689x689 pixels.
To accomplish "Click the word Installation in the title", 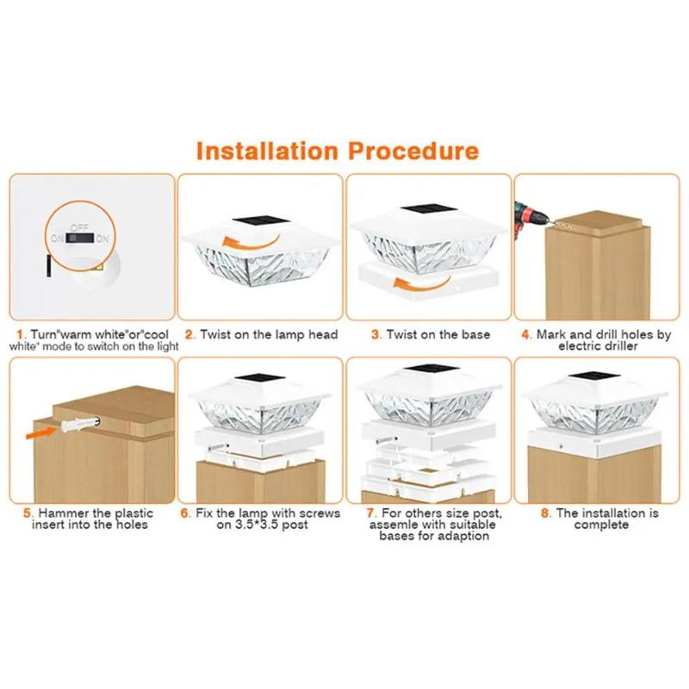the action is [x=267, y=152].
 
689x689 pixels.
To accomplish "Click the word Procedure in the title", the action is [x=413, y=152].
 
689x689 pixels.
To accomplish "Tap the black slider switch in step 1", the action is [x=80, y=238].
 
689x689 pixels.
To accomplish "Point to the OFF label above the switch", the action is [x=79, y=227].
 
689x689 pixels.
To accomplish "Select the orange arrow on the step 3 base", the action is [x=422, y=284].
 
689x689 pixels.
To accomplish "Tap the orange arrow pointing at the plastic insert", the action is [x=40, y=432].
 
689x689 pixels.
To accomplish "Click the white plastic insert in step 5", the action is [x=79, y=424].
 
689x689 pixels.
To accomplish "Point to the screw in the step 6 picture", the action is [x=218, y=448].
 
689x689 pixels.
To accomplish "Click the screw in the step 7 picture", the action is [x=387, y=439].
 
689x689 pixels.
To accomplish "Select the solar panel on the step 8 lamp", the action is [x=593, y=376].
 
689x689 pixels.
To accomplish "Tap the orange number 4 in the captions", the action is [x=525, y=335].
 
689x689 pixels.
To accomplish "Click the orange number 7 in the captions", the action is [x=371, y=512].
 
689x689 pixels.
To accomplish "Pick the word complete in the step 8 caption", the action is [x=600, y=525].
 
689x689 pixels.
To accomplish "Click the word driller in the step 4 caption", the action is [x=618, y=346].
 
